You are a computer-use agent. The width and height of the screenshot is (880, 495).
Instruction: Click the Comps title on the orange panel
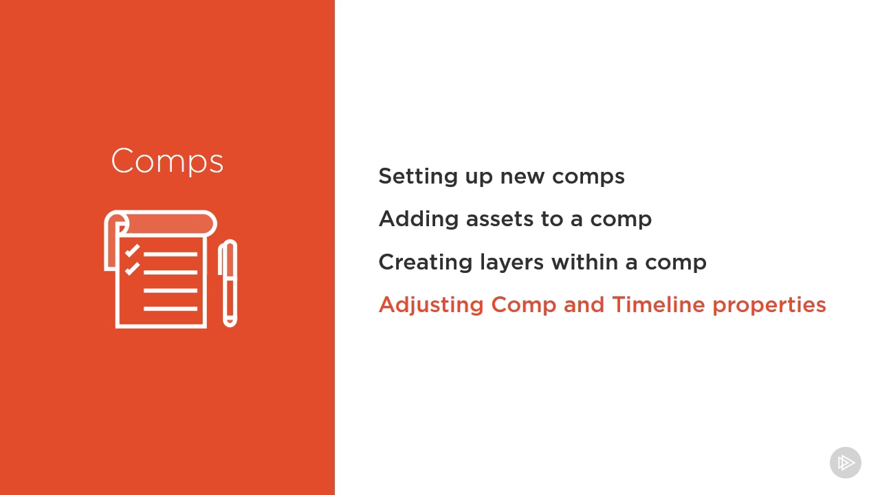[x=167, y=161]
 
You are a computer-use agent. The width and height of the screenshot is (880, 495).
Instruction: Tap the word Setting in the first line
[x=418, y=176]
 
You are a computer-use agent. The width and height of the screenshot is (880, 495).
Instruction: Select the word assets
[x=499, y=219]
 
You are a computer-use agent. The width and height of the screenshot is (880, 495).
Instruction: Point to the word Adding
[x=419, y=219]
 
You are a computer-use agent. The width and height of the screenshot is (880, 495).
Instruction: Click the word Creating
[x=425, y=262]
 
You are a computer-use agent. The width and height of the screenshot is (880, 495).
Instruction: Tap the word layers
[x=511, y=262]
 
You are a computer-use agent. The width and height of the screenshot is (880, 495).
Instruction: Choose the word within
[x=584, y=262]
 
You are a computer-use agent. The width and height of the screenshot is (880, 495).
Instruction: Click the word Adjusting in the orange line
[x=431, y=305]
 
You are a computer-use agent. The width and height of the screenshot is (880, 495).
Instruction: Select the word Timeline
[x=659, y=305]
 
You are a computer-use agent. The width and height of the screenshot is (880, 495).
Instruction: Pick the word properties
[x=769, y=305]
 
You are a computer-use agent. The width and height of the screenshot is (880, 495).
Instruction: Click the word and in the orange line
[x=584, y=305]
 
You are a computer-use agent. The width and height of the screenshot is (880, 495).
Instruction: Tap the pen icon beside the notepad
[x=228, y=283]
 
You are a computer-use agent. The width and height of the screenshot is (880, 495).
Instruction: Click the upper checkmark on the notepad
[x=132, y=251]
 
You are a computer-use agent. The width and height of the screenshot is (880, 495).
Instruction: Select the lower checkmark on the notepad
[x=132, y=269]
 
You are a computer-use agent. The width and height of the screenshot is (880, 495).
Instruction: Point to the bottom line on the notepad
[x=170, y=309]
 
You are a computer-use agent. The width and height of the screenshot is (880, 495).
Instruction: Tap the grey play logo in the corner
[x=846, y=463]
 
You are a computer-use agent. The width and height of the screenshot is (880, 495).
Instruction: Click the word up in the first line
[x=479, y=177]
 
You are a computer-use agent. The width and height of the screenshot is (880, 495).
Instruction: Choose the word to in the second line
[x=552, y=219]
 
